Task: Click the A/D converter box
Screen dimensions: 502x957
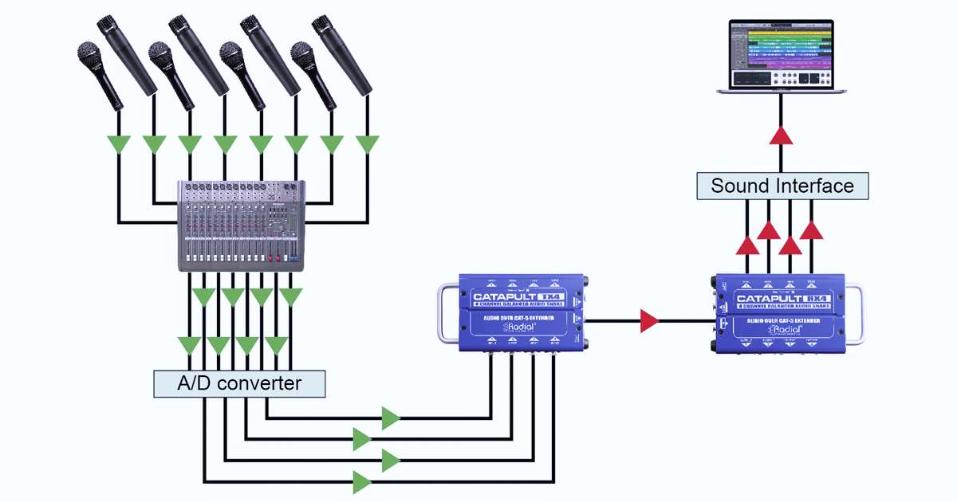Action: [x=239, y=383]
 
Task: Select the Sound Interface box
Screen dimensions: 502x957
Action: [x=782, y=186]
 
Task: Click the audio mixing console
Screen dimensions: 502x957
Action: [x=240, y=226]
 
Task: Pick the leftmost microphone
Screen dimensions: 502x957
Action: [x=100, y=76]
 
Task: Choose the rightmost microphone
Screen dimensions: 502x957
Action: [x=343, y=54]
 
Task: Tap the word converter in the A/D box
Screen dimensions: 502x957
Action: [x=260, y=383]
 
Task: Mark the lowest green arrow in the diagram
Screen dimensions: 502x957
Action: [x=363, y=481]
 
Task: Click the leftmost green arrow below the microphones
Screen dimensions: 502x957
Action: [x=119, y=145]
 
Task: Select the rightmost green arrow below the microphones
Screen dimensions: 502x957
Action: [x=368, y=145]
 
